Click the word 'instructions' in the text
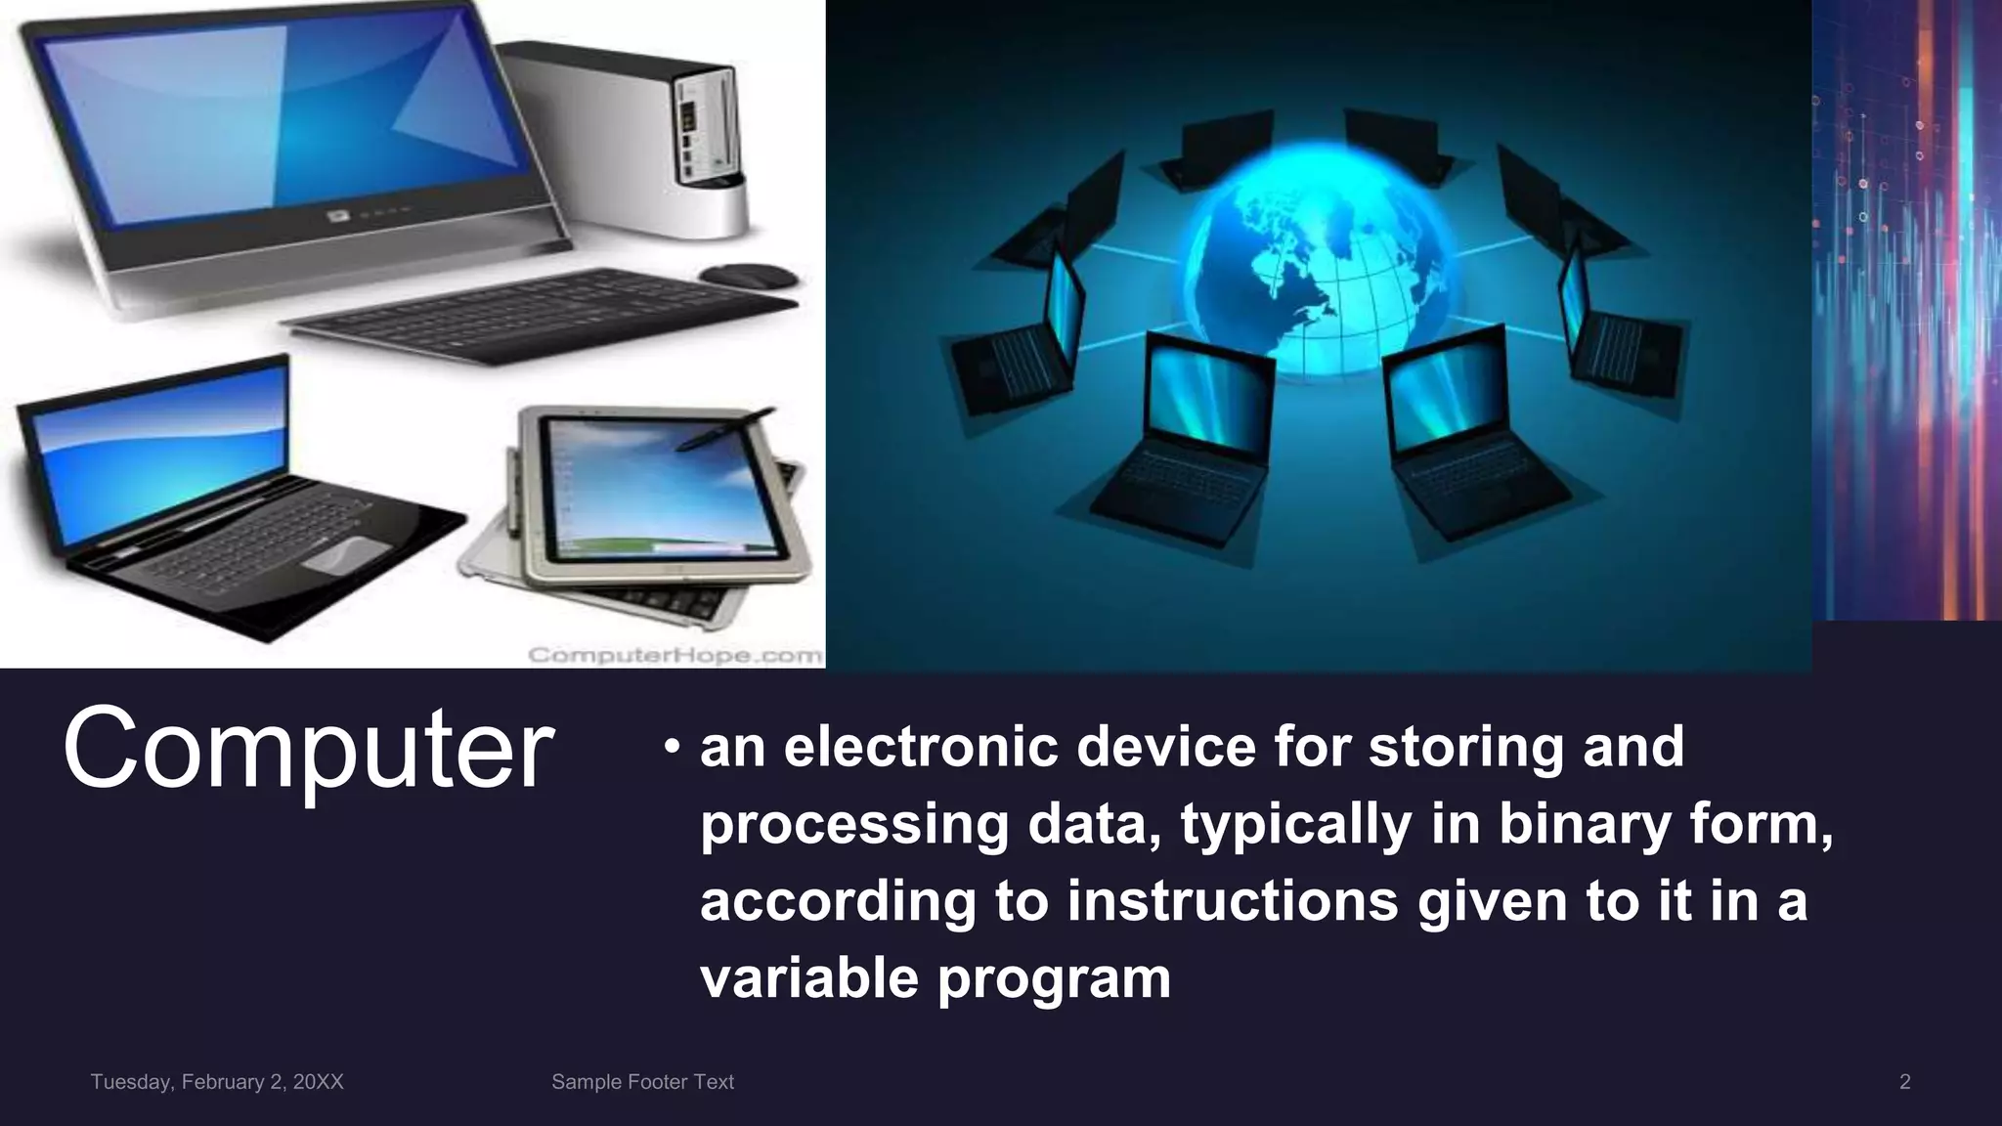(x=1233, y=900)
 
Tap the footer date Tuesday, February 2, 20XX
(x=217, y=1082)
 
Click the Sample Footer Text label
(x=642, y=1082)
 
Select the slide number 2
(x=1904, y=1082)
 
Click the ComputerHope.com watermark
(x=675, y=655)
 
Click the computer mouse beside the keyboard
(x=747, y=276)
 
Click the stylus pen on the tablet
(x=724, y=429)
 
